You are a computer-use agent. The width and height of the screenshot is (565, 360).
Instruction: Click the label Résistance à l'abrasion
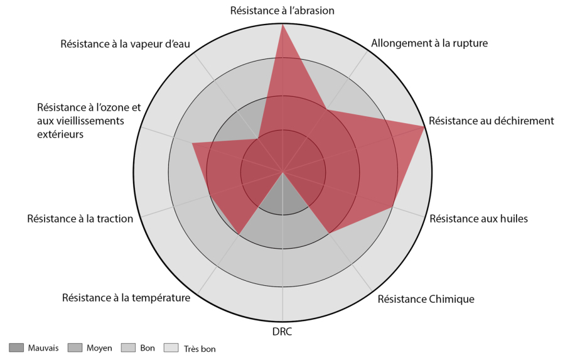click(282, 11)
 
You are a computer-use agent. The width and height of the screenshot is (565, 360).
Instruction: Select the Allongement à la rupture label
click(429, 43)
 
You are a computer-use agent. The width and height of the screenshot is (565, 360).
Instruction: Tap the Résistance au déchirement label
click(491, 121)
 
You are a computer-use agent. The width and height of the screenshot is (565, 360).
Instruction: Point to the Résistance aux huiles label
click(478, 219)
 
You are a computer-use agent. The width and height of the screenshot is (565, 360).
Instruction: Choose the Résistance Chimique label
click(426, 299)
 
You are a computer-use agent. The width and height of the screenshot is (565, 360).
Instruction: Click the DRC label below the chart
click(282, 332)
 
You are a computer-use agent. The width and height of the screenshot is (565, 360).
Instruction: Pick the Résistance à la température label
click(126, 298)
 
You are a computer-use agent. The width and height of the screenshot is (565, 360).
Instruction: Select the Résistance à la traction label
click(80, 219)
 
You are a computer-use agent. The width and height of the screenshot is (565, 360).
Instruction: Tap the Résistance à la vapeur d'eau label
click(125, 43)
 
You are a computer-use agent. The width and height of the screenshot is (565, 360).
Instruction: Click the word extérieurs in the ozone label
click(60, 134)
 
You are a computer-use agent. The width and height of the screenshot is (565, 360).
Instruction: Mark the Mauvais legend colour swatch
click(16, 347)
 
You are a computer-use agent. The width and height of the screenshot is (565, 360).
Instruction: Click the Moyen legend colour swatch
click(75, 347)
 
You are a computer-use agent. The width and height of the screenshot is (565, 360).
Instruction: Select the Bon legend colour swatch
click(128, 347)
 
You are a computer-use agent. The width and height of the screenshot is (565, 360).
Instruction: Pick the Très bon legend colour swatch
click(171, 347)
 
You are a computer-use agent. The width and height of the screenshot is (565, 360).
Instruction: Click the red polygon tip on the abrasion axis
click(283, 24)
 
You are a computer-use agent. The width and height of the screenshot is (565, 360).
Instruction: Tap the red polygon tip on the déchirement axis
click(424, 126)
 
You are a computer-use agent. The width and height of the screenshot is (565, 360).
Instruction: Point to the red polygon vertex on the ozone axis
click(193, 143)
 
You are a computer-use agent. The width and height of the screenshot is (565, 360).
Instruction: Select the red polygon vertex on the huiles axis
click(392, 208)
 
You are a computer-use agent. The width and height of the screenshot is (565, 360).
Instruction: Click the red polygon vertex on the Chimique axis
click(328, 234)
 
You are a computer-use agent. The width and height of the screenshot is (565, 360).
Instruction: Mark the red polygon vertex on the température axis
click(239, 234)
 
